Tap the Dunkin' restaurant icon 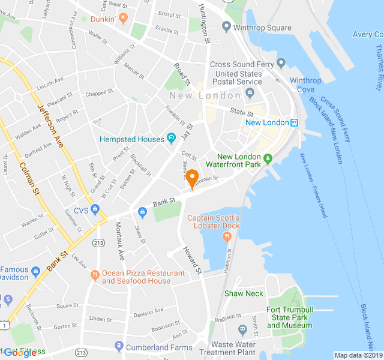pyautogui.click(x=123, y=19)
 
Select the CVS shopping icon pyautogui.click(x=95, y=210)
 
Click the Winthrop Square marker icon pyautogui.click(x=226, y=27)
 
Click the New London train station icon pyautogui.click(x=295, y=122)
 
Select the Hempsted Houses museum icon pyautogui.click(x=171, y=139)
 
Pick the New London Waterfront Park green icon pyautogui.click(x=268, y=159)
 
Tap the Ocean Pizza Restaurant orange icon pyautogui.click(x=95, y=275)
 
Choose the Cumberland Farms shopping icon pyautogui.click(x=119, y=346)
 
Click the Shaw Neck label pyautogui.click(x=244, y=293)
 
